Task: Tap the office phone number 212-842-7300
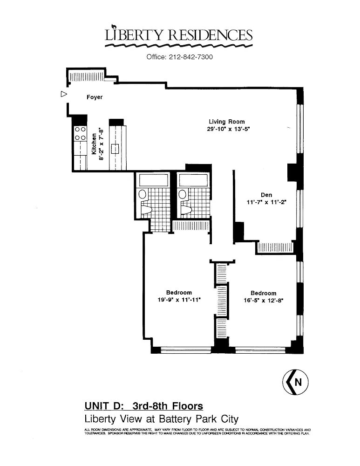190,57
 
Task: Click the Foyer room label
95,97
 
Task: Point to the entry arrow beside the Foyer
63,94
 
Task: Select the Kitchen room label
94,144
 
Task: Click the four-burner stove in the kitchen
80,133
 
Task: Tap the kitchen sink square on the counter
115,149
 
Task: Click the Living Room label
227,122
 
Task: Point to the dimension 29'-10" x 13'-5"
227,129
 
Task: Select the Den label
266,195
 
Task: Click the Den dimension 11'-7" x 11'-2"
266,202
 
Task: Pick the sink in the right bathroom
183,194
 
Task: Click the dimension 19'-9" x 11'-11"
179,300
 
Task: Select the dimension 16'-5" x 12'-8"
264,301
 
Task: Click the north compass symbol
295,382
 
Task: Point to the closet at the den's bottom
275,247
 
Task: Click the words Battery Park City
199,419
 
